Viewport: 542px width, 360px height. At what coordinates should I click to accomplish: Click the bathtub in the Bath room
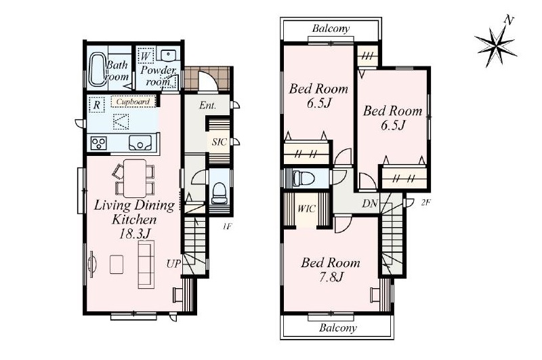click(x=98, y=69)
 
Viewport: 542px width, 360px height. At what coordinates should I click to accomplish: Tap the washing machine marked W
click(x=145, y=56)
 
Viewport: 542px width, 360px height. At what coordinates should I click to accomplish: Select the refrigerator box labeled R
click(x=97, y=104)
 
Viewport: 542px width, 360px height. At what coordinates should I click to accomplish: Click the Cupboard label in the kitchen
click(x=133, y=102)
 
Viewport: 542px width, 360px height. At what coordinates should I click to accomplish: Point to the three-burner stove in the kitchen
click(x=98, y=143)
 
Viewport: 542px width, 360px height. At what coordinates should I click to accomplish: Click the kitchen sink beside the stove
click(x=140, y=143)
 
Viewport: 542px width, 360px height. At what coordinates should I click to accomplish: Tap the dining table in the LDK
click(x=135, y=178)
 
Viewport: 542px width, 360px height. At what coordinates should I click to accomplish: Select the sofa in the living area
click(x=146, y=264)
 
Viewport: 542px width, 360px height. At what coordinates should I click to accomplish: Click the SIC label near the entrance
click(x=220, y=142)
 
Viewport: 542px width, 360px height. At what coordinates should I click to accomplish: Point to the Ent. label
click(x=208, y=106)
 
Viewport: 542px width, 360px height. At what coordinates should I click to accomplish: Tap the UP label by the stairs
click(x=173, y=264)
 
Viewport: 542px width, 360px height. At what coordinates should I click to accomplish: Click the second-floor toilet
click(x=303, y=178)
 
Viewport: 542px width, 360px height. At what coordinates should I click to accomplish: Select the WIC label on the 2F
click(x=306, y=209)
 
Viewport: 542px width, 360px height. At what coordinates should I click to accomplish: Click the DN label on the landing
click(x=370, y=203)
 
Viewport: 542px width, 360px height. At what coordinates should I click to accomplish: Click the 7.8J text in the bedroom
click(x=331, y=277)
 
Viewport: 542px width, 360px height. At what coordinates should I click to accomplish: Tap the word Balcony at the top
click(x=331, y=28)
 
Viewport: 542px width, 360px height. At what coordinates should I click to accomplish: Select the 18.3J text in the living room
click(x=134, y=234)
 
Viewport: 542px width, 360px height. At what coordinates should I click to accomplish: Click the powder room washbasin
click(x=168, y=54)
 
